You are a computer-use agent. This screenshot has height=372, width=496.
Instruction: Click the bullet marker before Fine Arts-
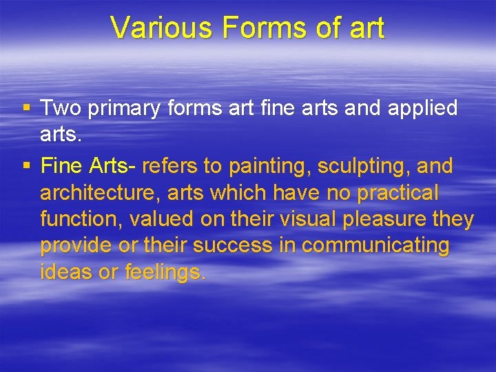coord(25,165)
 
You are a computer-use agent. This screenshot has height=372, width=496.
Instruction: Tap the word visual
coord(289,220)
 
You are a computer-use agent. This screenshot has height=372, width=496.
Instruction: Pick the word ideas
coord(65,272)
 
